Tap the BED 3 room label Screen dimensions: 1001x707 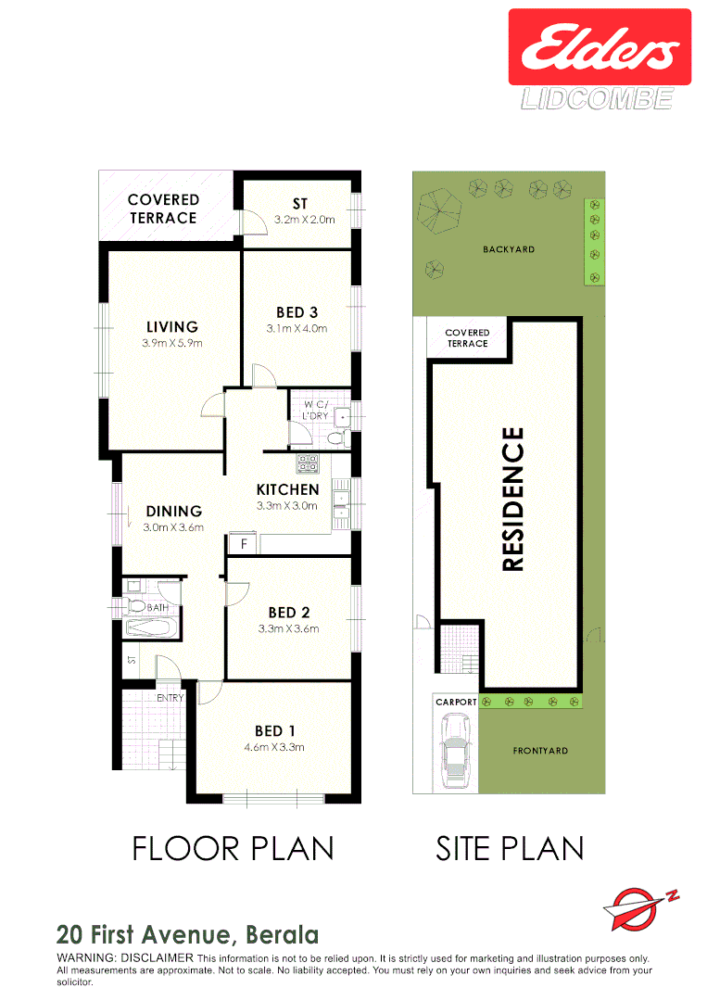[x=297, y=312]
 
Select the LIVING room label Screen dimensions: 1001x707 [x=172, y=326]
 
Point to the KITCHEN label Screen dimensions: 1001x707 [x=287, y=489]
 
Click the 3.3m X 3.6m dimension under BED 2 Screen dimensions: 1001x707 [x=287, y=628]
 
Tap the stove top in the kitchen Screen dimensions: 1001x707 [x=307, y=462]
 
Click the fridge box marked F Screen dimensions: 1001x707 [x=243, y=544]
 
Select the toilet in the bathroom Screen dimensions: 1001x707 [x=137, y=606]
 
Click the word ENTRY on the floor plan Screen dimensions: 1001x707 [x=170, y=697]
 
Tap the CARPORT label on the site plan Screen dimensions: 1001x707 [x=456, y=702]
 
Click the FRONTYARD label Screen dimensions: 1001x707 [x=540, y=751]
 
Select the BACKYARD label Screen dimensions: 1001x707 [x=509, y=249]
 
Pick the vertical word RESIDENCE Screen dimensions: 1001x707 [x=513, y=499]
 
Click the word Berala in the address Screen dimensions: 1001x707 [x=283, y=934]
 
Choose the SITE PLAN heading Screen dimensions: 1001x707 [x=510, y=848]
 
